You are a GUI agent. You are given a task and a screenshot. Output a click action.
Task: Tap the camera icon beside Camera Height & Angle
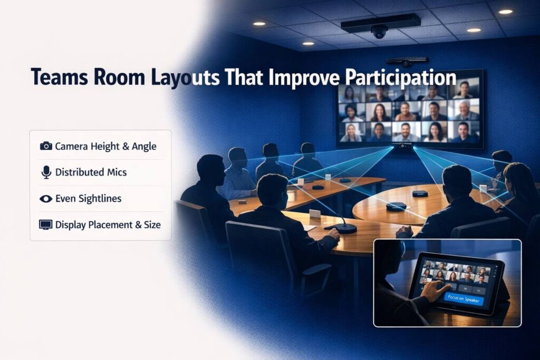(46, 146)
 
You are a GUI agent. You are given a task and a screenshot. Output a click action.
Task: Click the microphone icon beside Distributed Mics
(46, 172)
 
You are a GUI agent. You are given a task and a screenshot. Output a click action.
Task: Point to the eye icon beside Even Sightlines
(46, 199)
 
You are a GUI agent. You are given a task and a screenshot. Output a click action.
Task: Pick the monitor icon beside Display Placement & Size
(46, 225)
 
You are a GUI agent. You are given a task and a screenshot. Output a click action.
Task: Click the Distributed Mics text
(91, 172)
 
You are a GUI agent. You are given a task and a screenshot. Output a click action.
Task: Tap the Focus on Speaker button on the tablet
(462, 297)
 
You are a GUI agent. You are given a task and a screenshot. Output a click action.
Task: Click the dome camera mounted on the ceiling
(379, 32)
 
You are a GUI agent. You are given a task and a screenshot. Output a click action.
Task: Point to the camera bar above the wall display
(406, 61)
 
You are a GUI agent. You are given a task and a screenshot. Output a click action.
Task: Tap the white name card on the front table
(315, 213)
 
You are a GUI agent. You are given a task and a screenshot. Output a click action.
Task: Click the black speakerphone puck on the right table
(396, 206)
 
